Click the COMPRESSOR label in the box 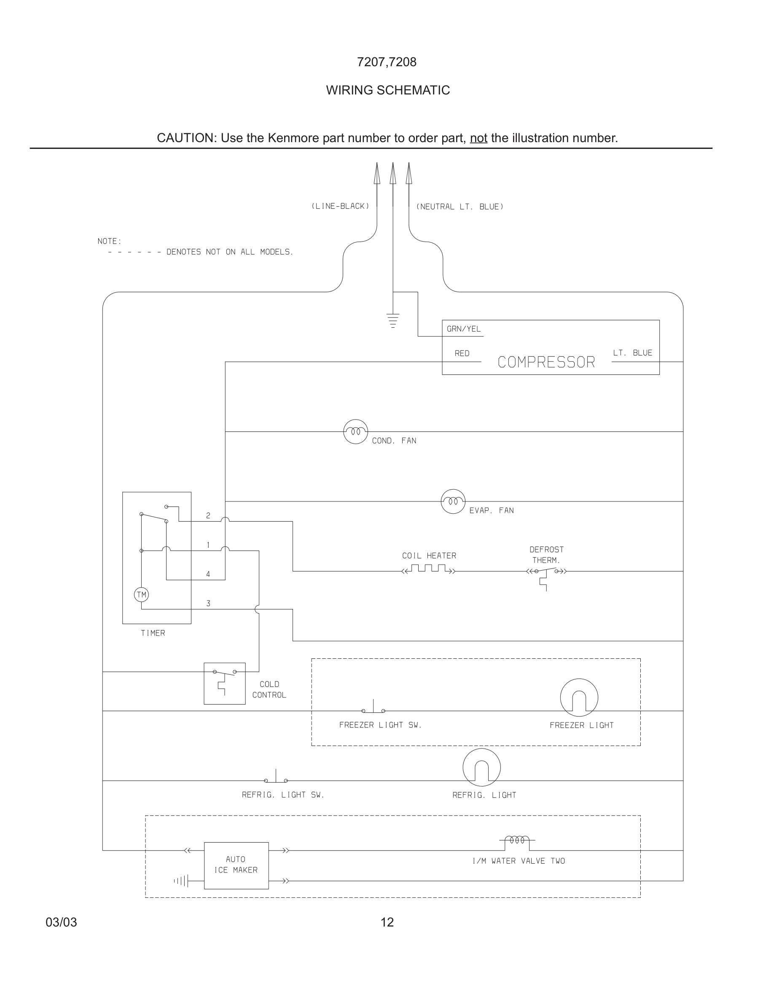(x=546, y=362)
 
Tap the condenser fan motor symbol (x=355, y=432)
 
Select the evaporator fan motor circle (x=453, y=501)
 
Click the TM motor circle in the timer (x=141, y=595)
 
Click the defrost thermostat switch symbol (x=546, y=573)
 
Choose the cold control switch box (x=225, y=683)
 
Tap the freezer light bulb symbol (x=579, y=698)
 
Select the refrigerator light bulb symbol (x=481, y=768)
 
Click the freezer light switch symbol (x=373, y=708)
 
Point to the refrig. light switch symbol (x=276, y=778)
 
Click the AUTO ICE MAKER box (x=236, y=865)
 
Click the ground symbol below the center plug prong (x=393, y=320)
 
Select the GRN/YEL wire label (x=464, y=329)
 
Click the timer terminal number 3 (x=208, y=603)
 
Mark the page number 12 (x=387, y=922)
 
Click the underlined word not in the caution (x=478, y=138)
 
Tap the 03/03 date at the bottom (x=62, y=922)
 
